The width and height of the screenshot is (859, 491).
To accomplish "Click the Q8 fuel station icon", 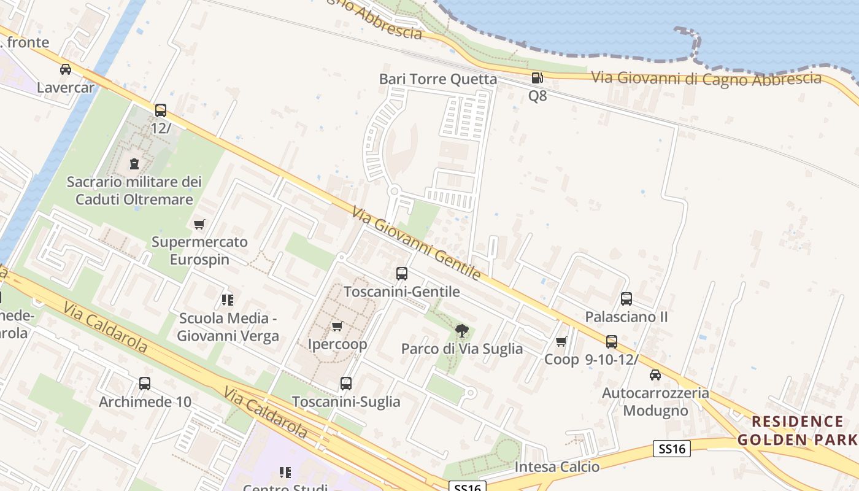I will click(537, 78).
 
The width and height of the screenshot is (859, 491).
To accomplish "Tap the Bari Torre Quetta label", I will click(438, 79).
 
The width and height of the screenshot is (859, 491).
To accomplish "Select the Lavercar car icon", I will click(66, 69).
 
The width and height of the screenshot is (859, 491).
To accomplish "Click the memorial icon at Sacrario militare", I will click(134, 164).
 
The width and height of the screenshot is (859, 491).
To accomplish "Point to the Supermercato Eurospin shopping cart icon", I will click(199, 224).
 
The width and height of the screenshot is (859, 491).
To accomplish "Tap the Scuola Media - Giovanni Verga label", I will click(228, 327).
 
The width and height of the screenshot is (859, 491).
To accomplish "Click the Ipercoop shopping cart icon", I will click(336, 326).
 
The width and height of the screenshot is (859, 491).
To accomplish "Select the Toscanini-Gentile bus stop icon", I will click(402, 274).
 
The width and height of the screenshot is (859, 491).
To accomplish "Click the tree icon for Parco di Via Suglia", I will click(462, 331).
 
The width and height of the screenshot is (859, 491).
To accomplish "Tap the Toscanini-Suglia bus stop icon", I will click(346, 384).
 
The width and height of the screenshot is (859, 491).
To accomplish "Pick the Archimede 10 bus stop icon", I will click(145, 384).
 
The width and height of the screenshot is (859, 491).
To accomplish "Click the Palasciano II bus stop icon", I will click(626, 299).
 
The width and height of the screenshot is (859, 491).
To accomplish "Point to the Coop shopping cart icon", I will click(561, 342).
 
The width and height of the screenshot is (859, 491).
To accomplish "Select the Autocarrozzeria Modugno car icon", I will click(655, 375).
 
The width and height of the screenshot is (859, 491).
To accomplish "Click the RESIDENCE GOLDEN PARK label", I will click(798, 430).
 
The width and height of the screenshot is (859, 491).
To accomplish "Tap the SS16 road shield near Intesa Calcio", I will click(672, 449).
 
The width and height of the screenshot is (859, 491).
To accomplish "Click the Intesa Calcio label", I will click(557, 467).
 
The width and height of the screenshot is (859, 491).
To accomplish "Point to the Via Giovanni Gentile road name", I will click(415, 243).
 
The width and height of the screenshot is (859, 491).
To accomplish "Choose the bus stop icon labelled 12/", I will click(161, 110).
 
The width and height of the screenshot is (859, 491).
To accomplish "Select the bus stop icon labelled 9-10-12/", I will click(612, 342).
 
